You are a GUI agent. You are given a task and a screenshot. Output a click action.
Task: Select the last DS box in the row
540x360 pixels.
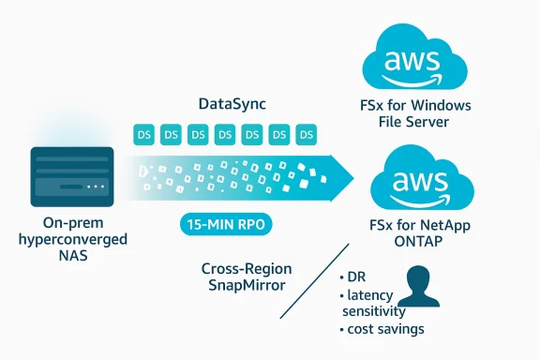coord(306,135)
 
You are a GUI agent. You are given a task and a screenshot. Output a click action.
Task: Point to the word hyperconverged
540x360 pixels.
coord(73,240)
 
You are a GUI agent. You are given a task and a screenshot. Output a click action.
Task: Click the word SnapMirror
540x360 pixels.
coord(242,284)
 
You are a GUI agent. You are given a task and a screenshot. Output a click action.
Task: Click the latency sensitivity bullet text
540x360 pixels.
coord(373,304)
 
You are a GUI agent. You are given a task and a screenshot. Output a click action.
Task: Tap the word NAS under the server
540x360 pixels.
coord(73,256)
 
